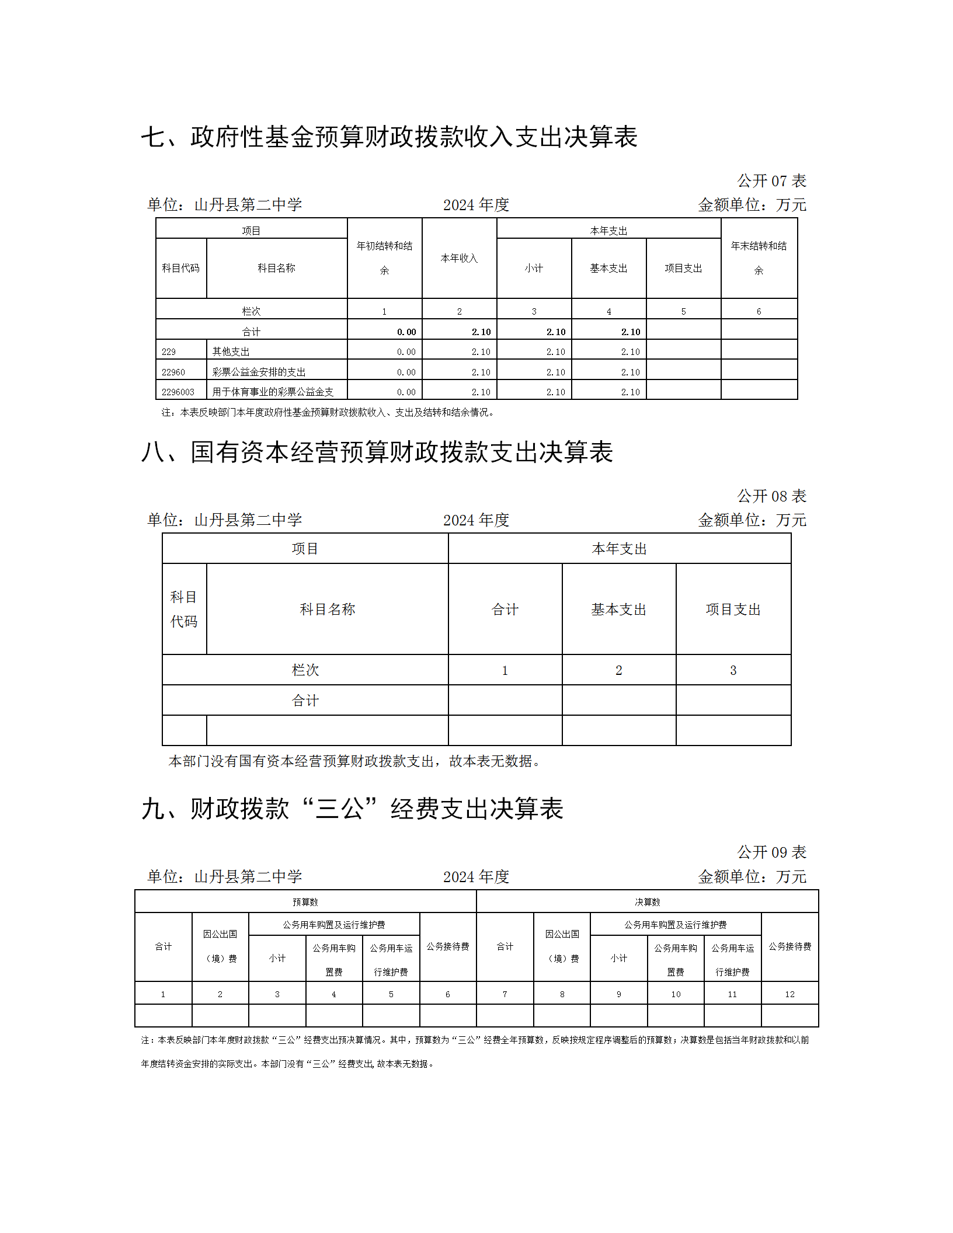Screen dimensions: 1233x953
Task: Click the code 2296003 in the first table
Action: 178,392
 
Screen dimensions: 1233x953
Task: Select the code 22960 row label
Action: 173,372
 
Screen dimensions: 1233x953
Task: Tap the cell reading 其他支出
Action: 231,351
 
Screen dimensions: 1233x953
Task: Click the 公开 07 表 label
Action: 771,181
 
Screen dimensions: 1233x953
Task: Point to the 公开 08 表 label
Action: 771,496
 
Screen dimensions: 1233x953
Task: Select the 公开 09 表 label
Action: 771,852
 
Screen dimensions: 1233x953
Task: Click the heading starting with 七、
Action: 389,137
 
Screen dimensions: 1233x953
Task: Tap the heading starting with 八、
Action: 377,452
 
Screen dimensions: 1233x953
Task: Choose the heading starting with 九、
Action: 352,809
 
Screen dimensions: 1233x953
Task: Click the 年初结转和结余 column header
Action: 384,257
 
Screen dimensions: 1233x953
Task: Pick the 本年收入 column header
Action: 459,258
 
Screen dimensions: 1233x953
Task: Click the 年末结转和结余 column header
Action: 759,257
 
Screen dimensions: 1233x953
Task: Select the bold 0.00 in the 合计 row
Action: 406,332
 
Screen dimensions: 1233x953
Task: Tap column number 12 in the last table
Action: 789,994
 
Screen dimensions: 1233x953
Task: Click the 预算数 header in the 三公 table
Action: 305,902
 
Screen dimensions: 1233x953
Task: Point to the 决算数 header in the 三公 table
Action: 647,902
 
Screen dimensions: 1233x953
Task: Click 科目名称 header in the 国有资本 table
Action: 327,609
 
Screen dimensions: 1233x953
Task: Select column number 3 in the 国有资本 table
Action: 733,670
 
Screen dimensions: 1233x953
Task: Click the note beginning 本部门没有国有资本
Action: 354,761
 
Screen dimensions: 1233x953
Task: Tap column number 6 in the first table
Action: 759,311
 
